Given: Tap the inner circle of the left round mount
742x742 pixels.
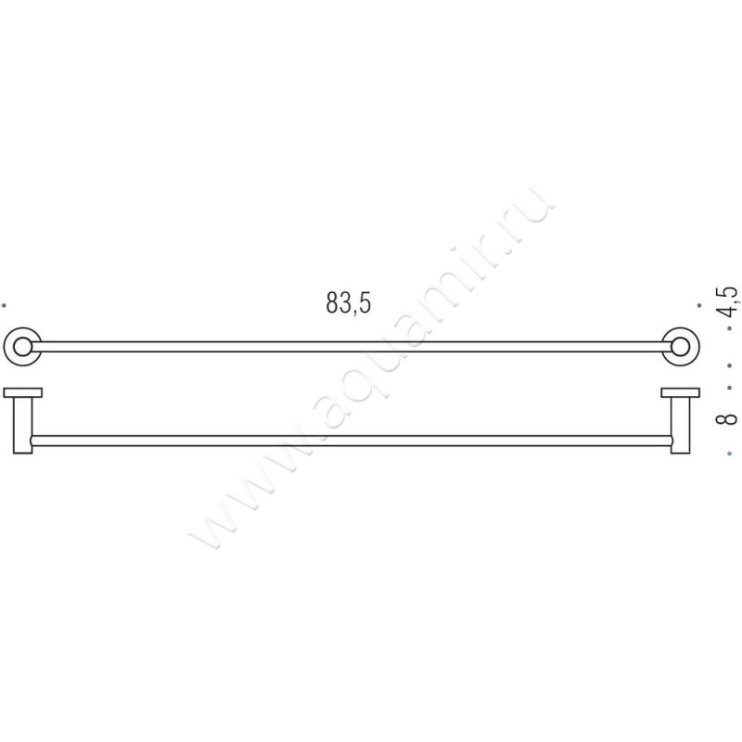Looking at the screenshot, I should click(x=22, y=347).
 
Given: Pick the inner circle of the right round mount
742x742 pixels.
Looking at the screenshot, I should click(x=680, y=347).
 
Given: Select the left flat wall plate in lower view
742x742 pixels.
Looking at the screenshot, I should click(x=22, y=392).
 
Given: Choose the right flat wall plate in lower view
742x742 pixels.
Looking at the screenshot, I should click(x=679, y=392).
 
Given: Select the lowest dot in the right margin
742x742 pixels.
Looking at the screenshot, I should click(x=730, y=454).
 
